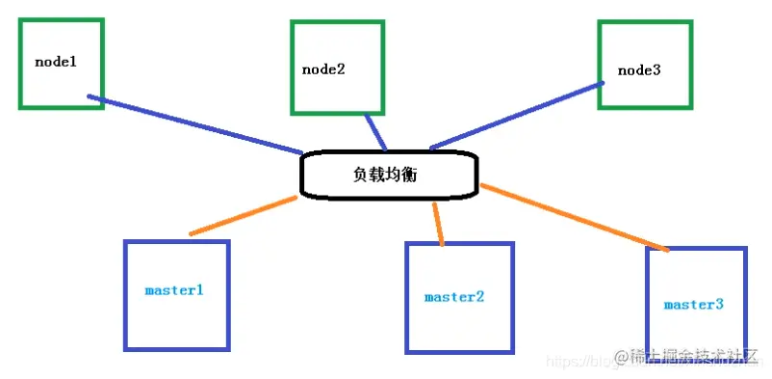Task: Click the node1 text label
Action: tap(55, 62)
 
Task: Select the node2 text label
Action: tap(324, 69)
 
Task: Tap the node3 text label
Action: tap(639, 69)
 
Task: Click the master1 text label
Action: tap(174, 289)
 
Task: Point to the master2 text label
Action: tap(453, 297)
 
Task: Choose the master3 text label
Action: tap(693, 305)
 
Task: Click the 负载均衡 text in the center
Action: tap(384, 176)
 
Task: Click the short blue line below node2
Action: tap(376, 133)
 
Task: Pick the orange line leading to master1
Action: tap(244, 215)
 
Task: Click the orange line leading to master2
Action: tap(439, 223)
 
